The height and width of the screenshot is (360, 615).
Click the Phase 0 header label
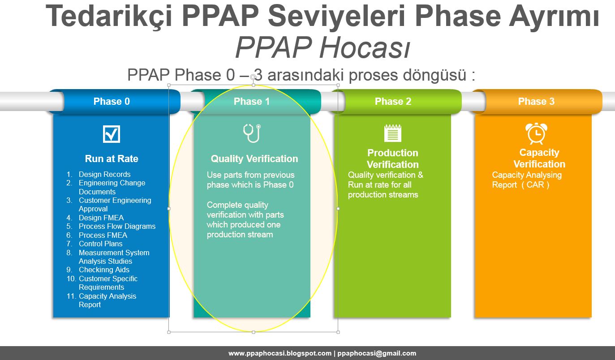(x=112, y=101)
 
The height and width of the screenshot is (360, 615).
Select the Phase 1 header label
(x=251, y=101)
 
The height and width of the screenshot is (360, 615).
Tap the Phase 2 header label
(x=393, y=101)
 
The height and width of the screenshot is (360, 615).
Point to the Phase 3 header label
(x=536, y=101)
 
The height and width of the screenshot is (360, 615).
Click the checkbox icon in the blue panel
(x=112, y=134)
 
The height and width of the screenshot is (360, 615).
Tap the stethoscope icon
(x=252, y=133)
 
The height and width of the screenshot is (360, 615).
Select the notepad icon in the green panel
(x=393, y=133)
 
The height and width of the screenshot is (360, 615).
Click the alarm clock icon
(x=536, y=133)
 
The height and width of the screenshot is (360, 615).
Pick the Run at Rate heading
(x=112, y=159)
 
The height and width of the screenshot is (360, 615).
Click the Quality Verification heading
(x=254, y=159)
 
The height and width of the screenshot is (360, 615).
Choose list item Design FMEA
(x=101, y=218)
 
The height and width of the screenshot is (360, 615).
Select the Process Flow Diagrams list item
(x=117, y=227)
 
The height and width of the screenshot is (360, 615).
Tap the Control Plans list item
(x=100, y=244)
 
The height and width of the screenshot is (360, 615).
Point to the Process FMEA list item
(x=103, y=235)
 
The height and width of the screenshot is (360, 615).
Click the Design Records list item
(x=105, y=174)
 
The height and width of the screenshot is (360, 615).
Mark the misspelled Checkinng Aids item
(x=104, y=270)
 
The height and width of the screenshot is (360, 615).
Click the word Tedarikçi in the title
(x=109, y=17)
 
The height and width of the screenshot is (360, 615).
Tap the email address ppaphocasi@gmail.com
(x=377, y=353)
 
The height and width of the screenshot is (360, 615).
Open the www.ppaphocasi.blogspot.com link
(x=280, y=353)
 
